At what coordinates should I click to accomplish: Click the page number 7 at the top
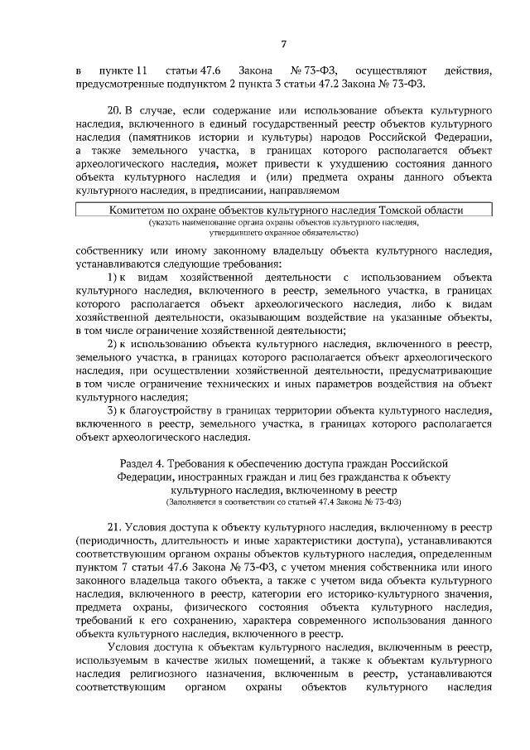[x=283, y=44]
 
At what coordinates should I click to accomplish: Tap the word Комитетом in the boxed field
[x=137, y=211]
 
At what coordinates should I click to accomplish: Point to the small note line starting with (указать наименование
[x=284, y=224]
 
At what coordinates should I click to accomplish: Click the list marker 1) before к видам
[x=115, y=274]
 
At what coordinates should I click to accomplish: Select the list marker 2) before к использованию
[x=115, y=343]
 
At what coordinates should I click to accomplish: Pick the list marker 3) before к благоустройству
[x=115, y=411]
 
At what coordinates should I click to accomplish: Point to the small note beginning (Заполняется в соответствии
[x=284, y=502]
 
